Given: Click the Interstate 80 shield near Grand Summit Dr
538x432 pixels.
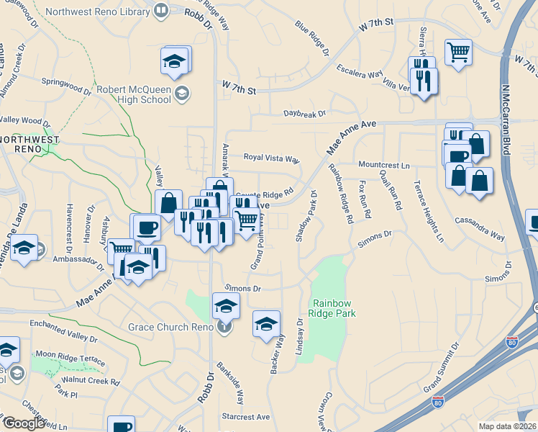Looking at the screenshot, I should [x=511, y=341].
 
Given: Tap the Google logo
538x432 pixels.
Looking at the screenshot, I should [x=23, y=423].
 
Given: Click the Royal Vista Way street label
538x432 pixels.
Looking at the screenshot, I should [x=270, y=158].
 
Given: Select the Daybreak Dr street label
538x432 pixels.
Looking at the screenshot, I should [x=304, y=113].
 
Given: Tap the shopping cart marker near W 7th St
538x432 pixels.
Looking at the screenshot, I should [x=458, y=52].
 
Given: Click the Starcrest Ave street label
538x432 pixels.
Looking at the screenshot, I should [x=245, y=416].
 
